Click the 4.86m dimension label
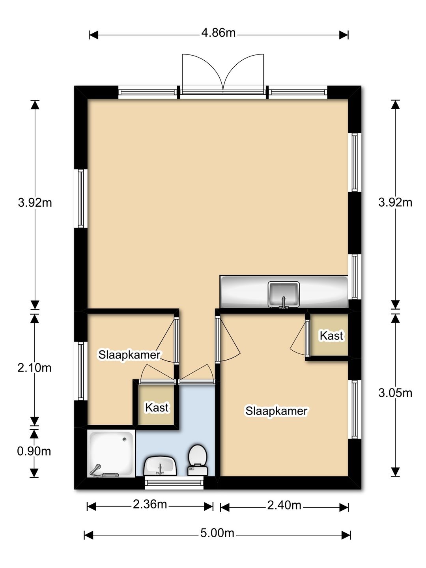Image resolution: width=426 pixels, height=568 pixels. pos(218,33)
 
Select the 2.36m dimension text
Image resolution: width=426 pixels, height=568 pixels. pos(150,504)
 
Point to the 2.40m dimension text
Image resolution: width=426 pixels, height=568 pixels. pos(284,505)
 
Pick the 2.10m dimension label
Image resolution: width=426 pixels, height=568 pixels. pos(34,368)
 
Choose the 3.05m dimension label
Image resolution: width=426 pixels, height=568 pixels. pos(395,393)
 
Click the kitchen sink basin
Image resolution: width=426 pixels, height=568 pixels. pos(284,294)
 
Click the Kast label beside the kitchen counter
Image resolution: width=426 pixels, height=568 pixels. pos(331,336)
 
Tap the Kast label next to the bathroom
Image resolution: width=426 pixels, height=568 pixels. pos(157,407)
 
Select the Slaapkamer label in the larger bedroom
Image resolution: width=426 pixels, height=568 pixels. pos(276,411)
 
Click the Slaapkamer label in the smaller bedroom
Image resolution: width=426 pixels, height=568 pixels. pos(129,355)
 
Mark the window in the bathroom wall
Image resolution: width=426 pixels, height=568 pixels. pos(174,483)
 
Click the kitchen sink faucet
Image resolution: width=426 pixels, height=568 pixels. pos(284,303)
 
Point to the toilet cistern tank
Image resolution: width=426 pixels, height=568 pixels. pos(198,471)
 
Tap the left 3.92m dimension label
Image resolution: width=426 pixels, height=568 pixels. pos(35,202)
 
